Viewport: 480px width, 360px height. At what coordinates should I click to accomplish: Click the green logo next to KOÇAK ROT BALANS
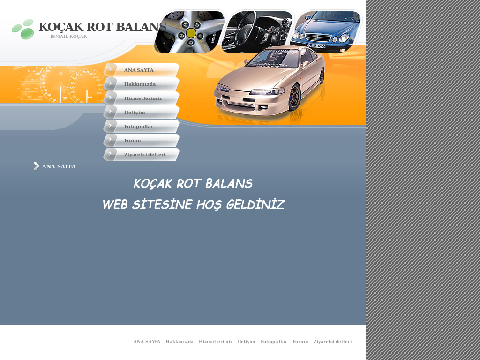tap(23, 29)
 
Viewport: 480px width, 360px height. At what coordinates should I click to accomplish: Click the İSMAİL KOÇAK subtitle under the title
tap(68, 37)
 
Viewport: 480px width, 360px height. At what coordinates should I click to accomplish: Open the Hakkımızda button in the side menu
tap(141, 84)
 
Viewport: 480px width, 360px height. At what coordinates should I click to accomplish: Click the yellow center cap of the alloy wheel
tap(191, 33)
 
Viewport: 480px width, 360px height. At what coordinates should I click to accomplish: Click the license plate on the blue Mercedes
tap(317, 45)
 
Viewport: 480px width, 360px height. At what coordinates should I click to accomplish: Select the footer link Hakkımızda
tap(179, 342)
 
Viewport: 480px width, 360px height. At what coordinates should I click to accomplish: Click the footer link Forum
tap(300, 342)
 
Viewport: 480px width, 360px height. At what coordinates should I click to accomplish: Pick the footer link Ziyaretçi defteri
tap(332, 342)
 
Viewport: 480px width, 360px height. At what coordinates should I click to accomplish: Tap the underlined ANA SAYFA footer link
tap(147, 342)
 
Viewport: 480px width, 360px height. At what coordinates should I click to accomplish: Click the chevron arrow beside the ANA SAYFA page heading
tap(37, 166)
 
